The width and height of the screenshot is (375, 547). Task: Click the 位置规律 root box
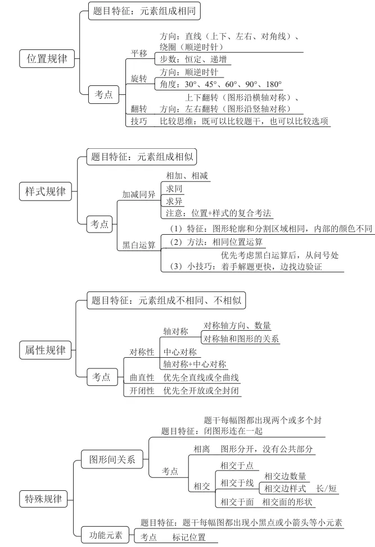pos(47,59)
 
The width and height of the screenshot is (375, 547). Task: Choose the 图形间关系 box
pos(112,459)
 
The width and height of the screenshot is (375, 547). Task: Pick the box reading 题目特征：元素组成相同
pos(144,10)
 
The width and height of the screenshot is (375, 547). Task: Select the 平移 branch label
pos(139,53)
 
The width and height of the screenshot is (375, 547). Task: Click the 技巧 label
pos(139,121)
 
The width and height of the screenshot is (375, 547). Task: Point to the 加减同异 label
pos(139,195)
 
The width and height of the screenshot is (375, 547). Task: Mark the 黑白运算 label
pos(139,245)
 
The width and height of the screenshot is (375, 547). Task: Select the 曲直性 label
pos(142,377)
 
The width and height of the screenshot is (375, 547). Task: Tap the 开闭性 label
pos(142,390)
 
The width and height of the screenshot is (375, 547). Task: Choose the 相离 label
pos(202,449)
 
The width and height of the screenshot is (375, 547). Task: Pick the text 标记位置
pos(189,537)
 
